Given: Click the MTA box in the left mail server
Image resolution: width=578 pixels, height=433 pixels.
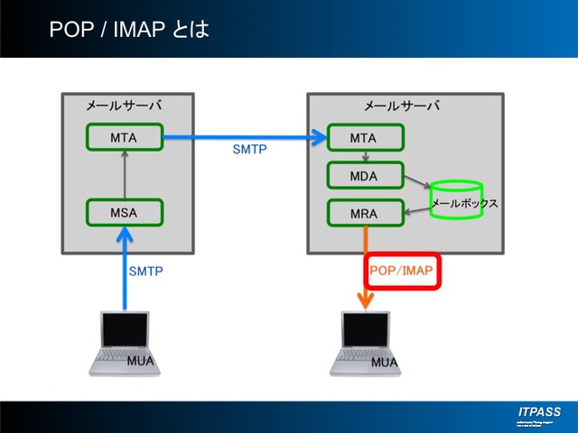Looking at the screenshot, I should tap(124, 137).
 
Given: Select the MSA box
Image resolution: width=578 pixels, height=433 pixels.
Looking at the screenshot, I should tap(124, 214).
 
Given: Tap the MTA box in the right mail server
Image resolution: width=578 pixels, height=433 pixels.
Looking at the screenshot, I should tap(365, 137).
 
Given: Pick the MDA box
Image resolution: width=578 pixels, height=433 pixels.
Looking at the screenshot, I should tap(365, 175).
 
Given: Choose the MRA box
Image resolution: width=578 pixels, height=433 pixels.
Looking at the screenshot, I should tap(365, 214).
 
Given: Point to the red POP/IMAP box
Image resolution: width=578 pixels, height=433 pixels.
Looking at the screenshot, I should tap(403, 271).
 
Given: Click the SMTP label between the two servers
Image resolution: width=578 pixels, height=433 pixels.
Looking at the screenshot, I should tap(250, 150).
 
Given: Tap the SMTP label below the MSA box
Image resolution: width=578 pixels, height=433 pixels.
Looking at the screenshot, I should tap(146, 271).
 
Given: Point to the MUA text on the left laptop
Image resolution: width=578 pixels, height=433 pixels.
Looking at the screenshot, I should tap(141, 362).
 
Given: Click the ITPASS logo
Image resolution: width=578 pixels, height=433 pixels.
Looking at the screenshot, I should tap(539, 412).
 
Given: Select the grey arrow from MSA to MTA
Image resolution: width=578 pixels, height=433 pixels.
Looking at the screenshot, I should tap(124, 176).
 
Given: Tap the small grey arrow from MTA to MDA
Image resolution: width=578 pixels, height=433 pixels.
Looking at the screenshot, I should tap(365, 156).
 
